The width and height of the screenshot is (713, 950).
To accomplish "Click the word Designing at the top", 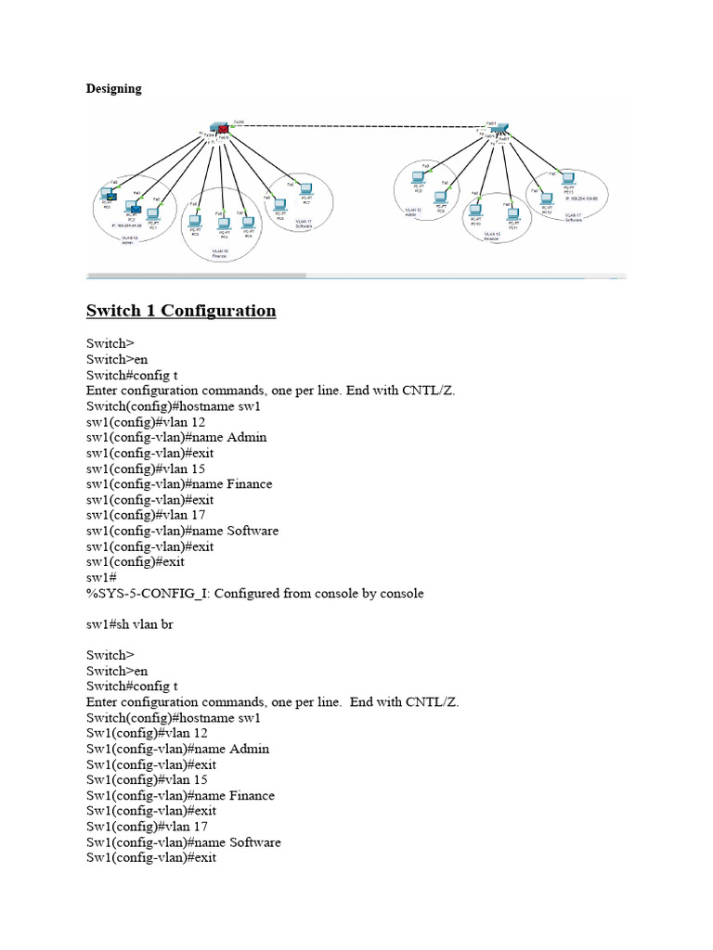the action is pos(113,89).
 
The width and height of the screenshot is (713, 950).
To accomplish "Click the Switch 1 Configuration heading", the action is pos(181,311).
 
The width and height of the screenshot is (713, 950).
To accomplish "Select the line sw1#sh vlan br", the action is pos(130,624).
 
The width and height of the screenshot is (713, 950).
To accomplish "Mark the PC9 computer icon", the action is pos(442,199).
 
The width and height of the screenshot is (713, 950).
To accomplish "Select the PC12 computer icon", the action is pos(546,198).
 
